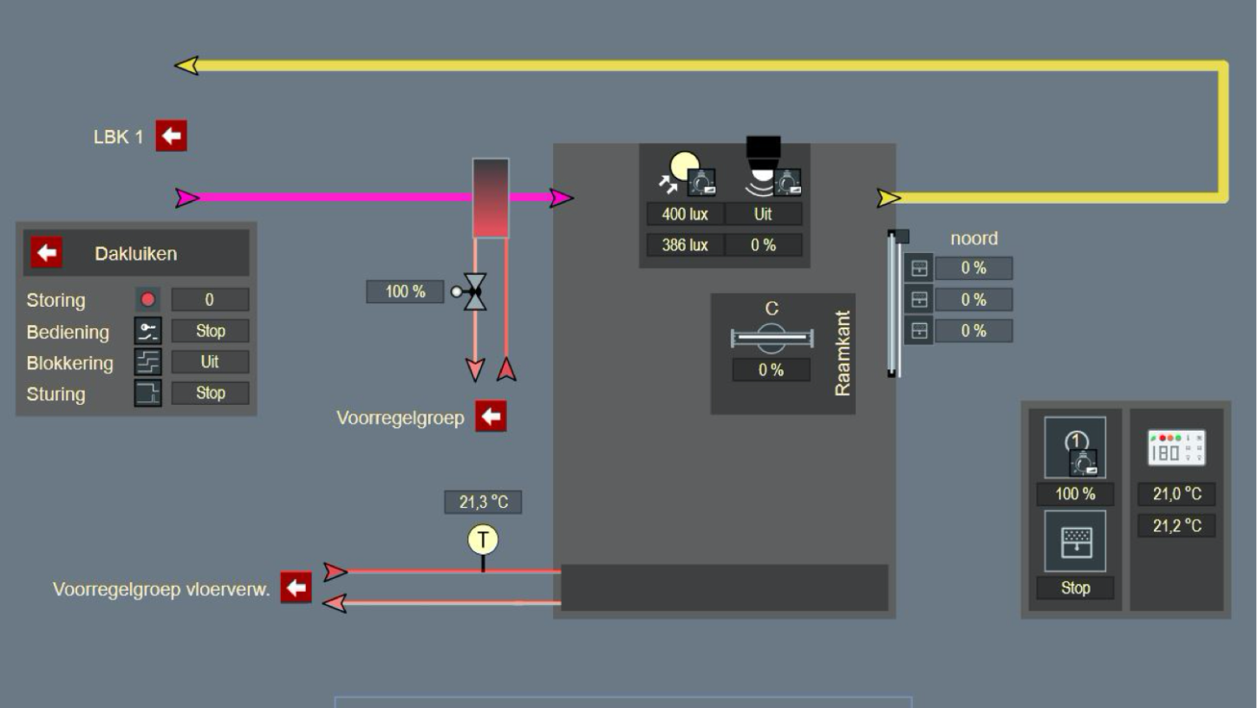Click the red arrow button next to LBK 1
tap(171, 136)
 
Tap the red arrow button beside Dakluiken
tap(47, 253)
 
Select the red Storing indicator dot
tap(147, 300)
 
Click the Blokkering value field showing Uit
tap(210, 361)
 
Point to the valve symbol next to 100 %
tap(474, 292)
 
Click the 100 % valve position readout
tap(405, 291)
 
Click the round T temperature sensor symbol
tap(483, 540)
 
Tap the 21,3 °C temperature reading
tap(483, 502)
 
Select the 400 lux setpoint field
tap(685, 213)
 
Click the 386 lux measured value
tap(685, 245)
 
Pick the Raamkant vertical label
tap(842, 353)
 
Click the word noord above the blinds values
tap(974, 238)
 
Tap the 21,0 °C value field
tap(1176, 494)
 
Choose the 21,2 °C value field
tap(1176, 525)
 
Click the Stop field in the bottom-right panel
tap(1075, 588)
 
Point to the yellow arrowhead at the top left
tap(186, 65)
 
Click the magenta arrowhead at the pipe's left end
tap(186, 198)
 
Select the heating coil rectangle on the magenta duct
tap(490, 198)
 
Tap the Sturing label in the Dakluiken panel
tap(55, 394)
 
